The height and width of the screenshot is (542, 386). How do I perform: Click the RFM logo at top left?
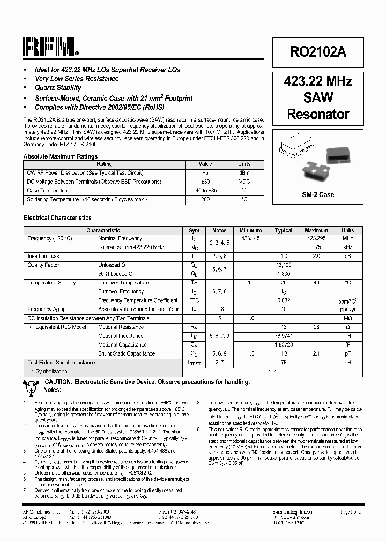(50, 48)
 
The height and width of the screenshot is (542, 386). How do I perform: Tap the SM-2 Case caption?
(318, 194)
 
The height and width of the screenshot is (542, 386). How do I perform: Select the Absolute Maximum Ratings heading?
(61, 156)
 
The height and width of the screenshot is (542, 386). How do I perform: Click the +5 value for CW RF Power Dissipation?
(205, 173)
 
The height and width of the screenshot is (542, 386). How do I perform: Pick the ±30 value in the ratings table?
(205, 182)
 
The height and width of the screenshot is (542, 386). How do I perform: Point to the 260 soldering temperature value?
(205, 199)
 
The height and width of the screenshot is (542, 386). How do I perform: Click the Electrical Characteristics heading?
(57, 218)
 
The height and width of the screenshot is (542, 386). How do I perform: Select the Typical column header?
(284, 230)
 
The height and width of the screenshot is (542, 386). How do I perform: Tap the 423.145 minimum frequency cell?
(251, 238)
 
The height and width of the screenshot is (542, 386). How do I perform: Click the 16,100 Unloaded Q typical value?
(284, 265)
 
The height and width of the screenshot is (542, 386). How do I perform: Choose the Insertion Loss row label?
(43, 257)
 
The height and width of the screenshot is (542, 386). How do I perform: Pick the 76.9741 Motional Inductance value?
(284, 336)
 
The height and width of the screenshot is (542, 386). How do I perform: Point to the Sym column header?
(194, 230)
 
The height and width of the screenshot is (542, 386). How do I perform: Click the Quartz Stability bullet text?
(58, 88)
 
